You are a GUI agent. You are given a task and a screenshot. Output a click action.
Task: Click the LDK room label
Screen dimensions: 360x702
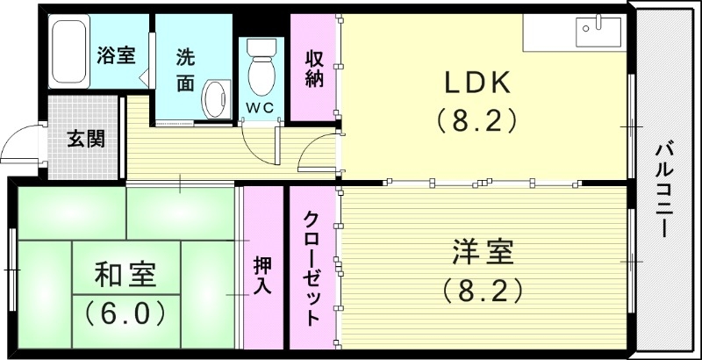476,83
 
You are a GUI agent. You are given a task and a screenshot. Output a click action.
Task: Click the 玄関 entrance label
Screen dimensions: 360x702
87,138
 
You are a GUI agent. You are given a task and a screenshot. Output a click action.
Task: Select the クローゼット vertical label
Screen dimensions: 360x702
312,267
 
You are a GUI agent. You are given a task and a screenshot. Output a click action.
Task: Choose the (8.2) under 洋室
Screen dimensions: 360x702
483,289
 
